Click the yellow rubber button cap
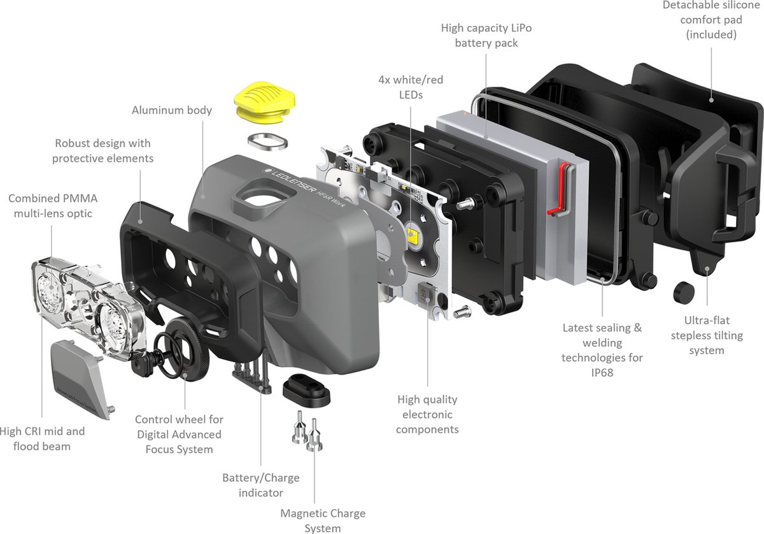coord(264,101)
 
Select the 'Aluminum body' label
coord(171,110)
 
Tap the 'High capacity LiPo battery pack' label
coord(486,36)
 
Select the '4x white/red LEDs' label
coord(411,87)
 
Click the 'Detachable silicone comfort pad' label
coord(711,20)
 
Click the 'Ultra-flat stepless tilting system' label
coord(707,335)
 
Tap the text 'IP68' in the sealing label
coord(602,373)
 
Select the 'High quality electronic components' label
coord(427,414)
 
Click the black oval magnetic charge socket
coord(306,390)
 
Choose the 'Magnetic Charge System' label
coord(323,521)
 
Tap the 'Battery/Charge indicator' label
coord(261,485)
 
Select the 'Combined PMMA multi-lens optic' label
coord(53,206)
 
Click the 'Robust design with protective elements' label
coord(103,150)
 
